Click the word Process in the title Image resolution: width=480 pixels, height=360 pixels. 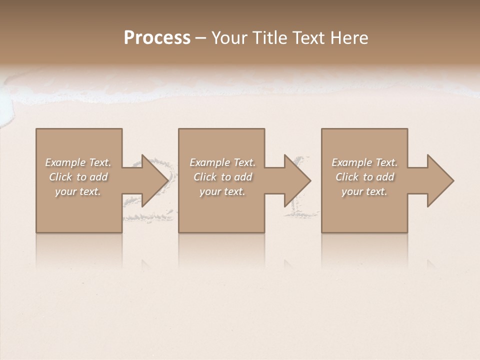click(x=157, y=38)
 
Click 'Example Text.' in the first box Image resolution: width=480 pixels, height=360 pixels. click(x=78, y=162)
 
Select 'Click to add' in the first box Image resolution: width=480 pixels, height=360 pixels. click(x=78, y=177)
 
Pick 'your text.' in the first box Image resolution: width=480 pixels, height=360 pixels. click(x=78, y=191)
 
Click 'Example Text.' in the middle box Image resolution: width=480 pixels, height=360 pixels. click(x=222, y=162)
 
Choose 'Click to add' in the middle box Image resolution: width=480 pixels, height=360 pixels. click(x=222, y=177)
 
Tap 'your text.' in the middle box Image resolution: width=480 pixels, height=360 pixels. click(x=222, y=191)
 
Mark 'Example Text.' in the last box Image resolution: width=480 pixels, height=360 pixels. click(x=364, y=162)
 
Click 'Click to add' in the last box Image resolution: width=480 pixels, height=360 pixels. click(x=364, y=177)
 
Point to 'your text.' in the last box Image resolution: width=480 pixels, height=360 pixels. click(x=364, y=191)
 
